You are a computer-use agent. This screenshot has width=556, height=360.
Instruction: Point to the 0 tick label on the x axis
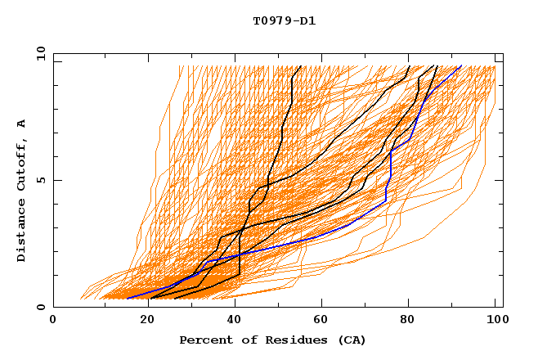[x=53, y=321]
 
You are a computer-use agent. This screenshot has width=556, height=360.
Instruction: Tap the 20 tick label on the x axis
[x=148, y=321]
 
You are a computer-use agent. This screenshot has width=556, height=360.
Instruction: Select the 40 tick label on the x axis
[x=236, y=321]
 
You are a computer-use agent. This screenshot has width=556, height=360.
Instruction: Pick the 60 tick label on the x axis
[x=325, y=321]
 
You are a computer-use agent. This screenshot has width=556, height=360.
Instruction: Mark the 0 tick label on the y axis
[x=41, y=307]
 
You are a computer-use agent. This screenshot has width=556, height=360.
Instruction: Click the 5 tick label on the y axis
[x=41, y=180]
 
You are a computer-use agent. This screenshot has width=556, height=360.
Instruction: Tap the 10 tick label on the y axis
[x=39, y=53]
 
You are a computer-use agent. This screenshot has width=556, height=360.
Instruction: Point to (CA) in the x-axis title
[x=352, y=340]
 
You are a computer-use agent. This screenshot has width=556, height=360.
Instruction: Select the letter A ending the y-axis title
[x=21, y=124]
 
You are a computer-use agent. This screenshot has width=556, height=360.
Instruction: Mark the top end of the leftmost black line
[x=301, y=66]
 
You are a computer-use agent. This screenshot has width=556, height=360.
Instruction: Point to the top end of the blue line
[x=461, y=66]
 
